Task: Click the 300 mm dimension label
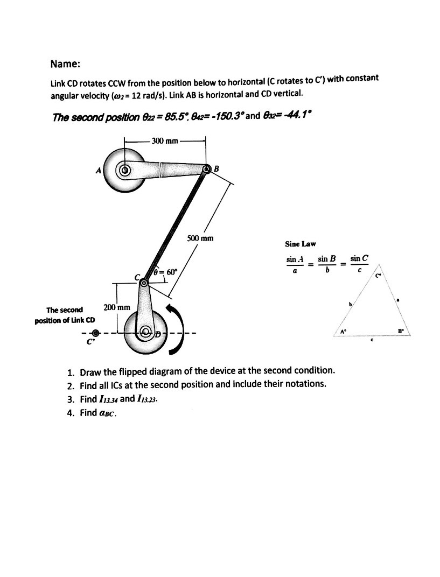[x=165, y=141]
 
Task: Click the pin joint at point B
[x=207, y=170]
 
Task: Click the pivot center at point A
[x=125, y=171]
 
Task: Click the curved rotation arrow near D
[x=177, y=328]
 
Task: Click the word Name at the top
[x=65, y=64]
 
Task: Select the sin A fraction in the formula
[x=295, y=264]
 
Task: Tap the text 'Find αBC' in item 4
[x=97, y=413]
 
